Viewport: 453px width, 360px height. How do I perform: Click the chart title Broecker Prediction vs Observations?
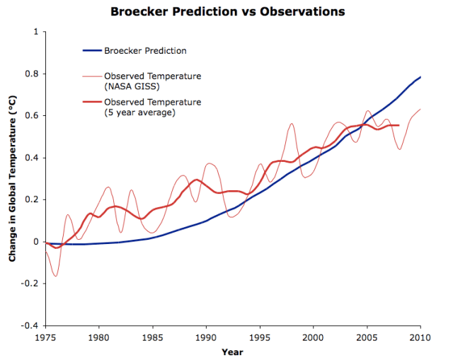pyautogui.click(x=226, y=12)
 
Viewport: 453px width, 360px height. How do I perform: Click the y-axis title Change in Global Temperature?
pyautogui.click(x=12, y=180)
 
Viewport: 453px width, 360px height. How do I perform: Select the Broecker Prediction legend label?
pyautogui.click(x=146, y=50)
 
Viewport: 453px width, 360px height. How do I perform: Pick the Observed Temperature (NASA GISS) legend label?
pyautogui.click(x=152, y=81)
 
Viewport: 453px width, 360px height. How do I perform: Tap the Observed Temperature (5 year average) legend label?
pyautogui.click(x=152, y=107)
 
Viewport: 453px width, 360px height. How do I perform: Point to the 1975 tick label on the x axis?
pyautogui.click(x=46, y=337)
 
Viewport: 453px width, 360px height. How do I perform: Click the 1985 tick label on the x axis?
pyautogui.click(x=153, y=337)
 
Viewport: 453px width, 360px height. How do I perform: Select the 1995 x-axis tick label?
pyautogui.click(x=260, y=337)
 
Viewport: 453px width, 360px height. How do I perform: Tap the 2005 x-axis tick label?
pyautogui.click(x=367, y=337)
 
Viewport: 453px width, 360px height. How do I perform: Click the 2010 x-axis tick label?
pyautogui.click(x=420, y=337)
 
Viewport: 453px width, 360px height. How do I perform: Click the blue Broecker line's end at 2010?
pyautogui.click(x=420, y=77)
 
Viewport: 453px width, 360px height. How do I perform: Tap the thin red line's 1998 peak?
pyautogui.click(x=292, y=124)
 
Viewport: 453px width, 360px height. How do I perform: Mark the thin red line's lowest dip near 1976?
pyautogui.click(x=55, y=276)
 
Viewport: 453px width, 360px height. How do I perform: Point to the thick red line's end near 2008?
pyautogui.click(x=399, y=125)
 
